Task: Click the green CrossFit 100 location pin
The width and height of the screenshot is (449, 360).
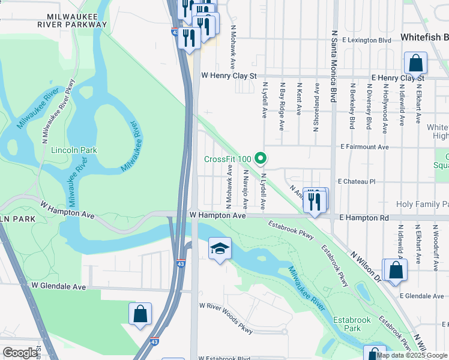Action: tap(261, 159)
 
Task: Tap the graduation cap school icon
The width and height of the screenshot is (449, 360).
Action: tap(220, 248)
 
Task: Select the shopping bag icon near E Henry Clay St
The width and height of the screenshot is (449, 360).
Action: tap(415, 63)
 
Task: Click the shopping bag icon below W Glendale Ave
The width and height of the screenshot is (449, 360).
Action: tap(140, 314)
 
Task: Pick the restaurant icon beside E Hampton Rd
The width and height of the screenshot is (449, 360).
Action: tap(314, 201)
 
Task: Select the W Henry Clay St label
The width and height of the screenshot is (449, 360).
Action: tap(229, 76)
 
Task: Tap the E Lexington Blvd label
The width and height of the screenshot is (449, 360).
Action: tap(367, 40)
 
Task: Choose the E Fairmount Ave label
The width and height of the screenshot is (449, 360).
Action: tap(364, 146)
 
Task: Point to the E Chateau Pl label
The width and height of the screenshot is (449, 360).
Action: tap(356, 181)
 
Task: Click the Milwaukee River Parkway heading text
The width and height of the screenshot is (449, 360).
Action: tap(71, 19)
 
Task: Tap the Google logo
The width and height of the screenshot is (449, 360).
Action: tap(20, 353)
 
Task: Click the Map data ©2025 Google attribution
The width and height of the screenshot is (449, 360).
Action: tap(412, 355)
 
